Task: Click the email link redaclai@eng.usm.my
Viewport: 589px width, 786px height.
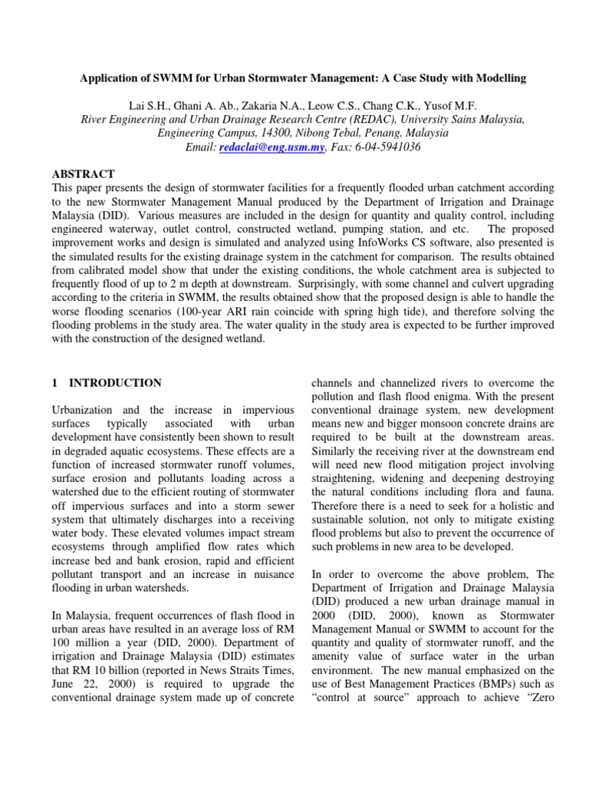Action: (x=262, y=147)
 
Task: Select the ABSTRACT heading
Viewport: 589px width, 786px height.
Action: (x=84, y=174)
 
